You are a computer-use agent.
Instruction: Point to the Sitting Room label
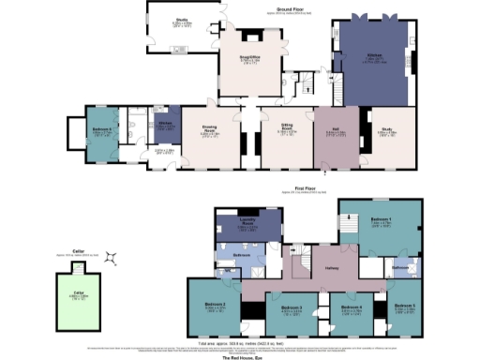click(288, 131)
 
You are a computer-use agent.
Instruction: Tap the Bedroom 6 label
click(103, 131)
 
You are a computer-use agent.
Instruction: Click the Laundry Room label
click(247, 224)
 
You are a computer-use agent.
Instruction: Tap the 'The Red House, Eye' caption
click(240, 356)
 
